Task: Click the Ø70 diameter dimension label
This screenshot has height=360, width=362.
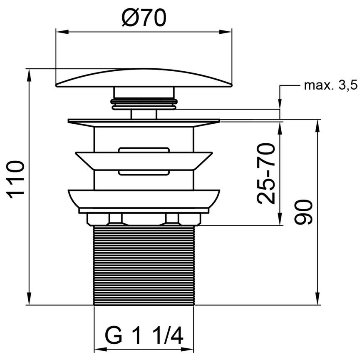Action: (x=144, y=18)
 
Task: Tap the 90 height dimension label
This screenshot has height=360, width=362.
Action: (x=303, y=212)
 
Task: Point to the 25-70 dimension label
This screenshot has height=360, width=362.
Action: (x=266, y=174)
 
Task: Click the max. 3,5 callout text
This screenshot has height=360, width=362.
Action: (x=331, y=85)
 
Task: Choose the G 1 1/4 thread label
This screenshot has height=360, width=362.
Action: (x=144, y=336)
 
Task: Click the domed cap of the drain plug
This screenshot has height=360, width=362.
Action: (x=144, y=78)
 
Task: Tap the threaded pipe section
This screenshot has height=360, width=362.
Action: (x=144, y=266)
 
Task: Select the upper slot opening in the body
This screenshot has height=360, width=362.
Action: (x=144, y=150)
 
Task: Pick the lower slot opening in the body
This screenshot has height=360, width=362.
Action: (x=144, y=172)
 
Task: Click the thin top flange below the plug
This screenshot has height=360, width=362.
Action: (x=144, y=122)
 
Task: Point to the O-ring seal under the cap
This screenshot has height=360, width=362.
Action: (x=144, y=104)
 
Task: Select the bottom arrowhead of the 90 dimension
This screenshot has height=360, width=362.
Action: (x=317, y=299)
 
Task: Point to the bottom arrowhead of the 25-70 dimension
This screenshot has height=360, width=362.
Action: (x=280, y=219)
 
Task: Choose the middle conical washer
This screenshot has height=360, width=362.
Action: (x=144, y=161)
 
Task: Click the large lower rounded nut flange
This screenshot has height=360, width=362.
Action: (x=144, y=198)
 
